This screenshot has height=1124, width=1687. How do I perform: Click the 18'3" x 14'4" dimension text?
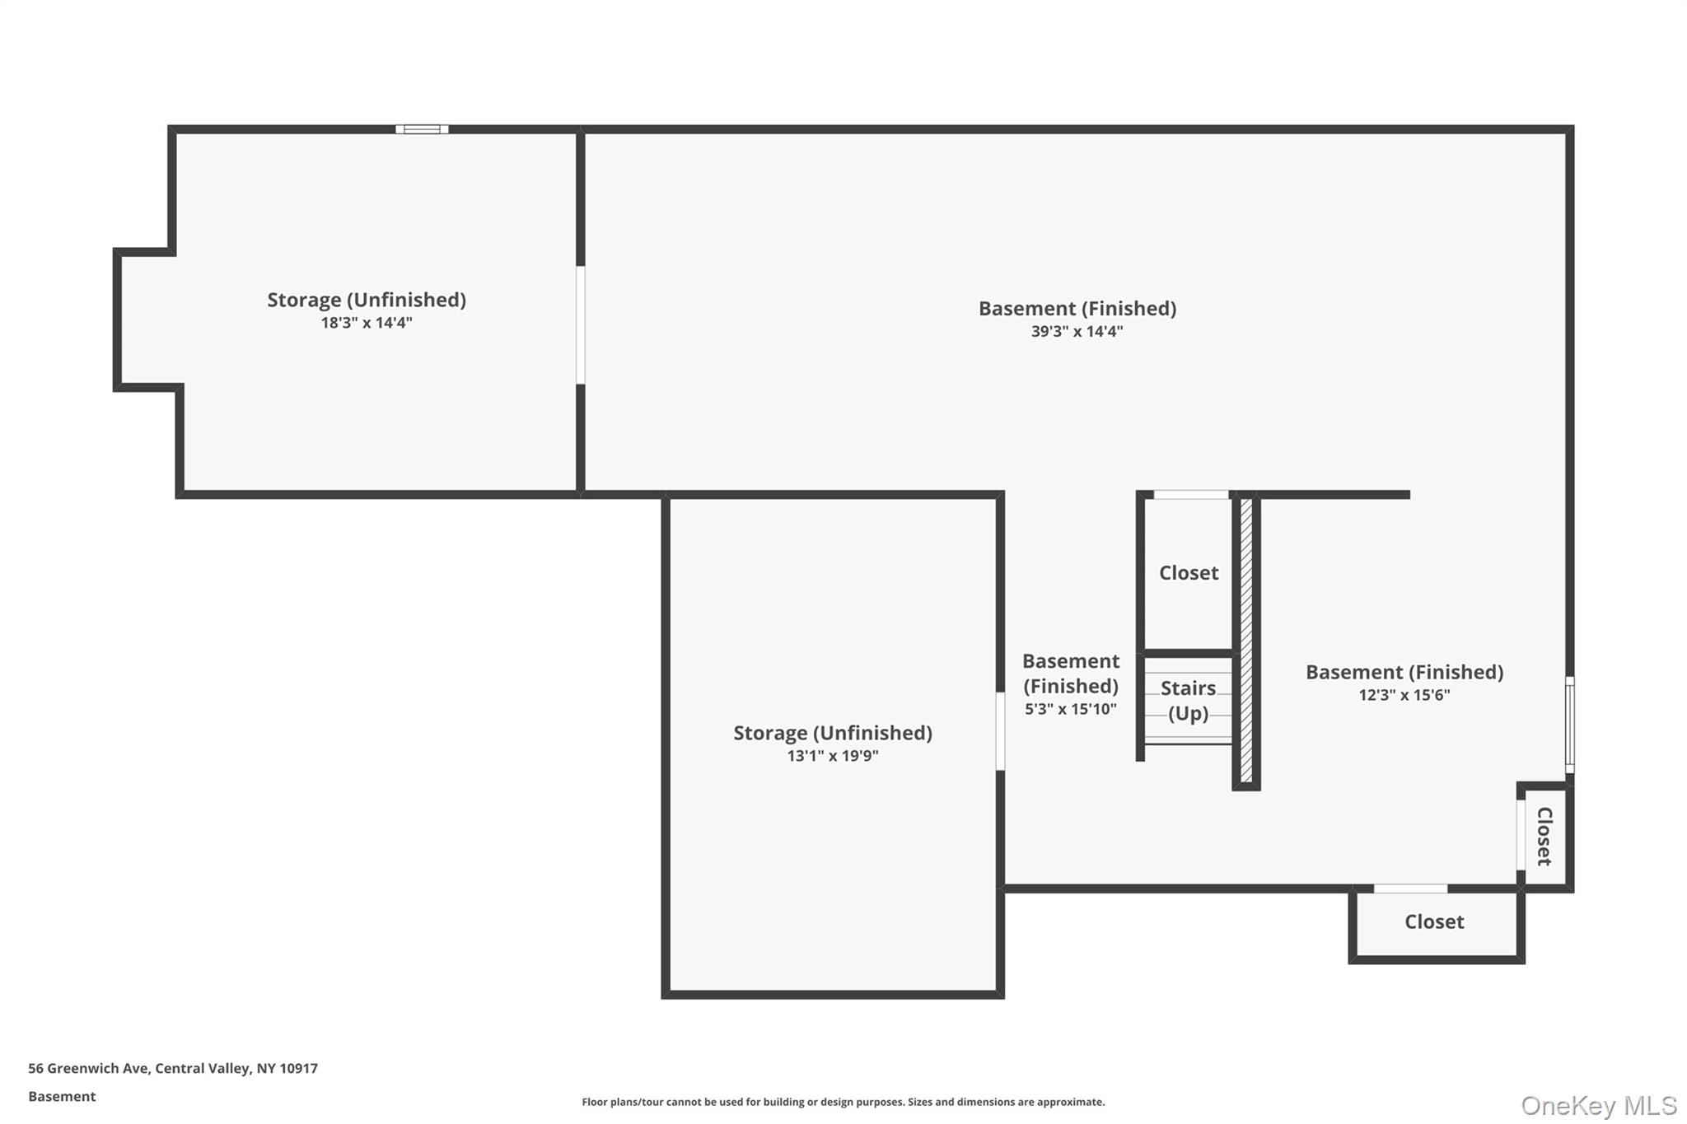[x=367, y=323]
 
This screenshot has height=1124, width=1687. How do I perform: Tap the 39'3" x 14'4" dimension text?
[x=1077, y=332]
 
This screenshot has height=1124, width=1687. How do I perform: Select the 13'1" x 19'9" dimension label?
[x=833, y=756]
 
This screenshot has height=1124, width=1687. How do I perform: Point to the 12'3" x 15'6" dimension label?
[x=1404, y=695]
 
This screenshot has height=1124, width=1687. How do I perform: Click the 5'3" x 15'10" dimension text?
[x=1070, y=709]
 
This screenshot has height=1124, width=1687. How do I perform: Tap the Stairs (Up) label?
[x=1188, y=701]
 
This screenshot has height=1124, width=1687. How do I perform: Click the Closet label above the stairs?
[x=1188, y=573]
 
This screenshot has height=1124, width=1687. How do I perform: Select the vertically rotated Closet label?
[x=1544, y=837]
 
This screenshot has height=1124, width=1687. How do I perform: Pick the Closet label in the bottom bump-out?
[x=1434, y=922]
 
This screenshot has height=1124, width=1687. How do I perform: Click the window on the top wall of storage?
[x=422, y=129]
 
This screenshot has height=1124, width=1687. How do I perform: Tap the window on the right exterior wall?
[x=1570, y=725]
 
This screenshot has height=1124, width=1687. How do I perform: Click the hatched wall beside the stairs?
[x=1246, y=641]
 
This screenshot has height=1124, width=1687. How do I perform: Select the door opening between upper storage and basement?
[x=581, y=324]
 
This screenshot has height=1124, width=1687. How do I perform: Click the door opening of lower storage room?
[x=1000, y=731]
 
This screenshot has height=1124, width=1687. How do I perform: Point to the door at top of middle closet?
[x=1191, y=495]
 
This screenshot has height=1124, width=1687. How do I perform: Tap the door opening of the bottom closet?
[x=1410, y=888]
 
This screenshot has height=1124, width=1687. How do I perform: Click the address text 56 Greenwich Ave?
[x=173, y=1069]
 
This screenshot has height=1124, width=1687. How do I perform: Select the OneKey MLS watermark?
[x=1598, y=1105]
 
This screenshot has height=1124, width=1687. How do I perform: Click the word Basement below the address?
[x=62, y=1097]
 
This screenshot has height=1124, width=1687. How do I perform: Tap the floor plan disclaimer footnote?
[x=843, y=1102]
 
